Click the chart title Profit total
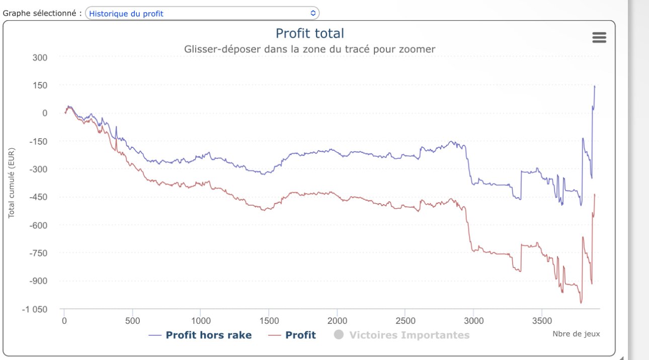click(x=309, y=34)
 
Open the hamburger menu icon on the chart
click(x=599, y=38)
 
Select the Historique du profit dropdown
click(x=202, y=14)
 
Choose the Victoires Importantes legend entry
click(x=409, y=335)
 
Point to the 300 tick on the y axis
click(x=40, y=57)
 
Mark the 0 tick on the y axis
click(x=45, y=113)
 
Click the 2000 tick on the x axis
click(x=337, y=320)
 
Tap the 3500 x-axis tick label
click(x=542, y=320)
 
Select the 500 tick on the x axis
click(x=132, y=320)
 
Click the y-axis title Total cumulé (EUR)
click(x=11, y=183)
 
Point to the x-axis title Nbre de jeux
click(x=576, y=333)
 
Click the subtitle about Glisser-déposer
click(x=309, y=49)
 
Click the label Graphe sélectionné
click(x=42, y=14)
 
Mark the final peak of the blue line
click(x=595, y=86)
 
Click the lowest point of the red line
click(x=581, y=303)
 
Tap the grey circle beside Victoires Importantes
click(x=339, y=335)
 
